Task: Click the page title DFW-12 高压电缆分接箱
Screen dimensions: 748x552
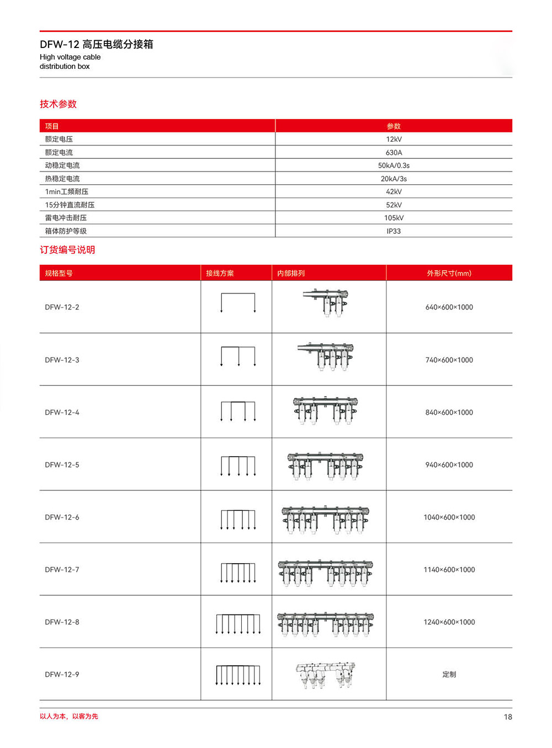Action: [97, 44]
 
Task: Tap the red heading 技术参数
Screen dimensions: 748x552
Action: [58, 104]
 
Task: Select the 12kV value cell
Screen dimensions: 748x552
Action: [394, 139]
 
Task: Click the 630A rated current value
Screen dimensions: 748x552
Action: [394, 152]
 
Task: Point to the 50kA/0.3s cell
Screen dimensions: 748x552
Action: [394, 165]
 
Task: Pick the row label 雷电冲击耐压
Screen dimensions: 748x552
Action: [66, 218]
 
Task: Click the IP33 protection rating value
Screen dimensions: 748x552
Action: [394, 231]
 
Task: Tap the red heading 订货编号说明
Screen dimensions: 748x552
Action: [67, 250]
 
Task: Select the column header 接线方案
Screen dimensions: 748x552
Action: [220, 273]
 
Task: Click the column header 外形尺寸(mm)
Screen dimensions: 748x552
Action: [449, 273]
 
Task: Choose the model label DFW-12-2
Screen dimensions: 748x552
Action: [62, 307]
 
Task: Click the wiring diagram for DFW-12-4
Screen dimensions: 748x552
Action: [238, 412]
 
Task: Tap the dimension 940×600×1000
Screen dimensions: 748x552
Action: [449, 465]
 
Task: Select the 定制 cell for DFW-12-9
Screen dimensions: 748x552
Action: [449, 674]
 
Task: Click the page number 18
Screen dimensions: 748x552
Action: [507, 717]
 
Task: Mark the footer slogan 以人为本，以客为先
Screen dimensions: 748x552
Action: [69, 717]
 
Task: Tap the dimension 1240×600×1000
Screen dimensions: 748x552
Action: [449, 622]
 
